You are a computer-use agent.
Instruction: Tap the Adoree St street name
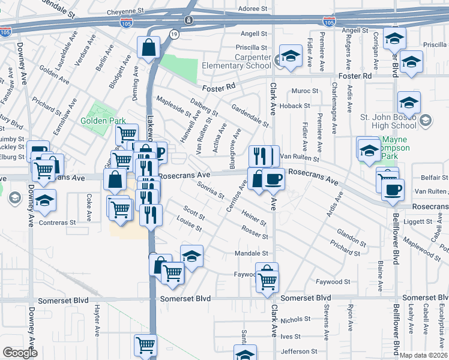coord(252,9)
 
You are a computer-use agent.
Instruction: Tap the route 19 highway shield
coord(173,35)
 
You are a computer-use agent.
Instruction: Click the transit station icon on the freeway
coord(189,20)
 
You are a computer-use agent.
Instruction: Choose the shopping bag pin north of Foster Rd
coord(148,49)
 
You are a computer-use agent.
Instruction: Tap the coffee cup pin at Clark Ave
coord(273,179)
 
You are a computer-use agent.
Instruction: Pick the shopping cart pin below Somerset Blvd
coord(146,345)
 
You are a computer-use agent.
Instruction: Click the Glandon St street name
coord(348,233)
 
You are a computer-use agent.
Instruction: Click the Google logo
coord(20,353)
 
